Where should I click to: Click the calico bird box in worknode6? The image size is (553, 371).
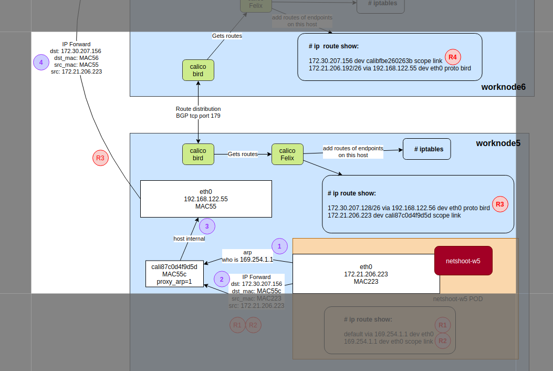coord(198,70)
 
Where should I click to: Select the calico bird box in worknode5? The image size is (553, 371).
coord(198,154)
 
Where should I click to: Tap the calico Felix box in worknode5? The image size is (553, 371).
coord(287,154)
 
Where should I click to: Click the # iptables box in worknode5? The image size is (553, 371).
coord(426,149)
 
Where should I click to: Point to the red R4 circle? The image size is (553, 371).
coord(453,57)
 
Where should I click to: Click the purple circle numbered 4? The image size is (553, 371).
coord(41,63)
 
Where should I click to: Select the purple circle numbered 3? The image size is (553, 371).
coord(207,226)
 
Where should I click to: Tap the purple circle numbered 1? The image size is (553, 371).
coord(279,246)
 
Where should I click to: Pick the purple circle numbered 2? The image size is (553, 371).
coord(222,280)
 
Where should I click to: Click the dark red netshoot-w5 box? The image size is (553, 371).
coord(463,261)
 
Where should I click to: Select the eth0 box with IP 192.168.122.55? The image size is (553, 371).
coord(206,199)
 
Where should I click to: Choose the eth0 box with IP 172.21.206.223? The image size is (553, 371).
coord(366,274)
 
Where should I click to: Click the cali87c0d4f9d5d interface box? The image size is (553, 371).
coord(174,274)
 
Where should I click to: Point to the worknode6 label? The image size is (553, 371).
coord(503,87)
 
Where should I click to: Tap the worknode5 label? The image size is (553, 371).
coord(498,143)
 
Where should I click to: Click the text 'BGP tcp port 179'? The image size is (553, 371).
coord(198,116)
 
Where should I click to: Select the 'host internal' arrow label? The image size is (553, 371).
coord(189,239)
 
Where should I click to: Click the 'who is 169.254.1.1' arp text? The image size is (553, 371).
coord(247,260)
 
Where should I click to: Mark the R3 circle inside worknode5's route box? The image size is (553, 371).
coord(500,204)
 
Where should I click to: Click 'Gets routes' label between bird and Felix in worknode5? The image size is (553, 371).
coord(243,154)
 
